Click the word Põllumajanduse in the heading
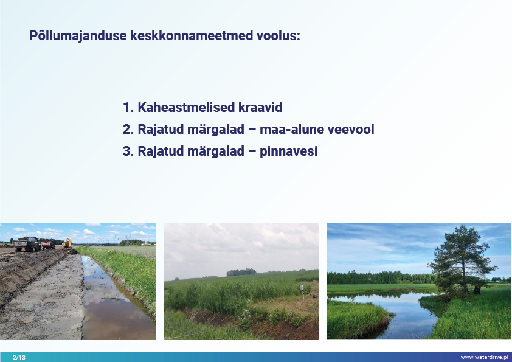click(x=78, y=36)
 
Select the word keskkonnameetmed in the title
click(x=192, y=35)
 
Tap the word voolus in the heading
click(x=278, y=35)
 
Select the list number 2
click(x=128, y=130)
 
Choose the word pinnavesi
click(x=289, y=151)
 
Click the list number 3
click(x=128, y=151)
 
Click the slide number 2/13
click(x=19, y=357)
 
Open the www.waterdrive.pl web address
click(x=485, y=357)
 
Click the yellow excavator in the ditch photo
click(x=67, y=243)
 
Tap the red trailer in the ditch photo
click(x=48, y=245)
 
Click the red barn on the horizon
click(x=147, y=244)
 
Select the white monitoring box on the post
click(x=302, y=288)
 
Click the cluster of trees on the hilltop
click(x=241, y=272)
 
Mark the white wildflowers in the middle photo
click(x=244, y=315)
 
